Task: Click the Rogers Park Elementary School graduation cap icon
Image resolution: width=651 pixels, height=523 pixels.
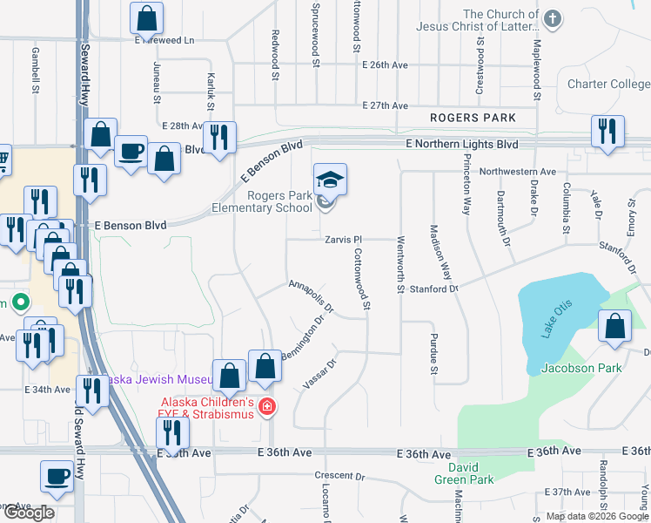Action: [330, 180]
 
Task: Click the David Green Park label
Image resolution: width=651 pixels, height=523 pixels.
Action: [465, 473]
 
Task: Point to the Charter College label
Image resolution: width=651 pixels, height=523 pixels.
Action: [608, 85]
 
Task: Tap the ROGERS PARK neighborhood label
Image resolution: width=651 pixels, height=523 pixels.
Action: [473, 118]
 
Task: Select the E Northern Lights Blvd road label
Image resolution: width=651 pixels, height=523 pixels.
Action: [461, 144]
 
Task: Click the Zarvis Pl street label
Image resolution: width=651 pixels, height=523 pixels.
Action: [343, 239]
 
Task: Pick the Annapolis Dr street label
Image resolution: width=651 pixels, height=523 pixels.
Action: [312, 295]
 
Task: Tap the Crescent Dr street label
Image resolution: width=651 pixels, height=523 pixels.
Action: [339, 476]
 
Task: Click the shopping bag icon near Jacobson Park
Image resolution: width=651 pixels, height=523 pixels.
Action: [615, 326]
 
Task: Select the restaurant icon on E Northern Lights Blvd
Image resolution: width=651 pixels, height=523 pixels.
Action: [606, 131]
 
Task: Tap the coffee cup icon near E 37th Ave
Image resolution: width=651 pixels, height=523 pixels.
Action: [57, 476]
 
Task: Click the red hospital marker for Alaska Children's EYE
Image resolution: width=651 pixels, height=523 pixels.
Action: [266, 406]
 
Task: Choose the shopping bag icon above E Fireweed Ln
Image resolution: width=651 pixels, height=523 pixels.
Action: [147, 17]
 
